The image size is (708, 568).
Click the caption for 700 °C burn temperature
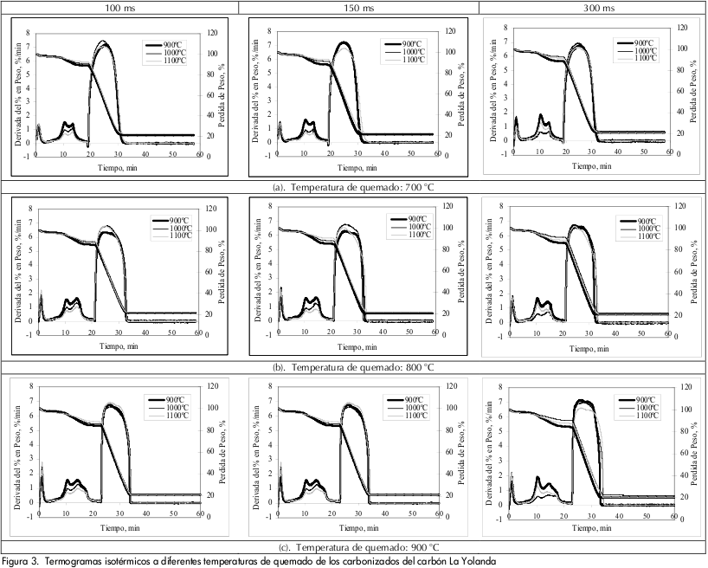point(354,184)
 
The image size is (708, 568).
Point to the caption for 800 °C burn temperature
point(354,366)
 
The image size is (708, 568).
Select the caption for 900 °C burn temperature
point(354,547)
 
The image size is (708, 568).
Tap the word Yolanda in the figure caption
point(478,560)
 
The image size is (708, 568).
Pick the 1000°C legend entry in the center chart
point(409,227)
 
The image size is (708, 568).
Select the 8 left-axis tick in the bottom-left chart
point(30,387)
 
